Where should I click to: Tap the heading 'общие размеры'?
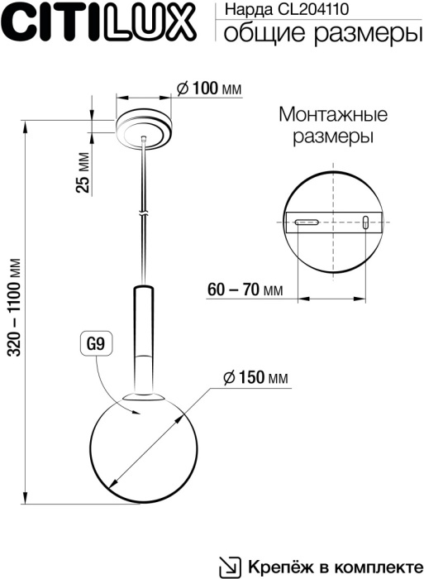318,32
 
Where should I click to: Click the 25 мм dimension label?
82,173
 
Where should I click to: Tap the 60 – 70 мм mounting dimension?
245,290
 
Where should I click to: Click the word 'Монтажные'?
332,114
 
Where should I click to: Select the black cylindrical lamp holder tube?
142,339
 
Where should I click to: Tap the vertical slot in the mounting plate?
364,221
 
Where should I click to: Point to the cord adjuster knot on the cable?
145,214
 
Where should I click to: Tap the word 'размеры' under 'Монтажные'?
332,136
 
